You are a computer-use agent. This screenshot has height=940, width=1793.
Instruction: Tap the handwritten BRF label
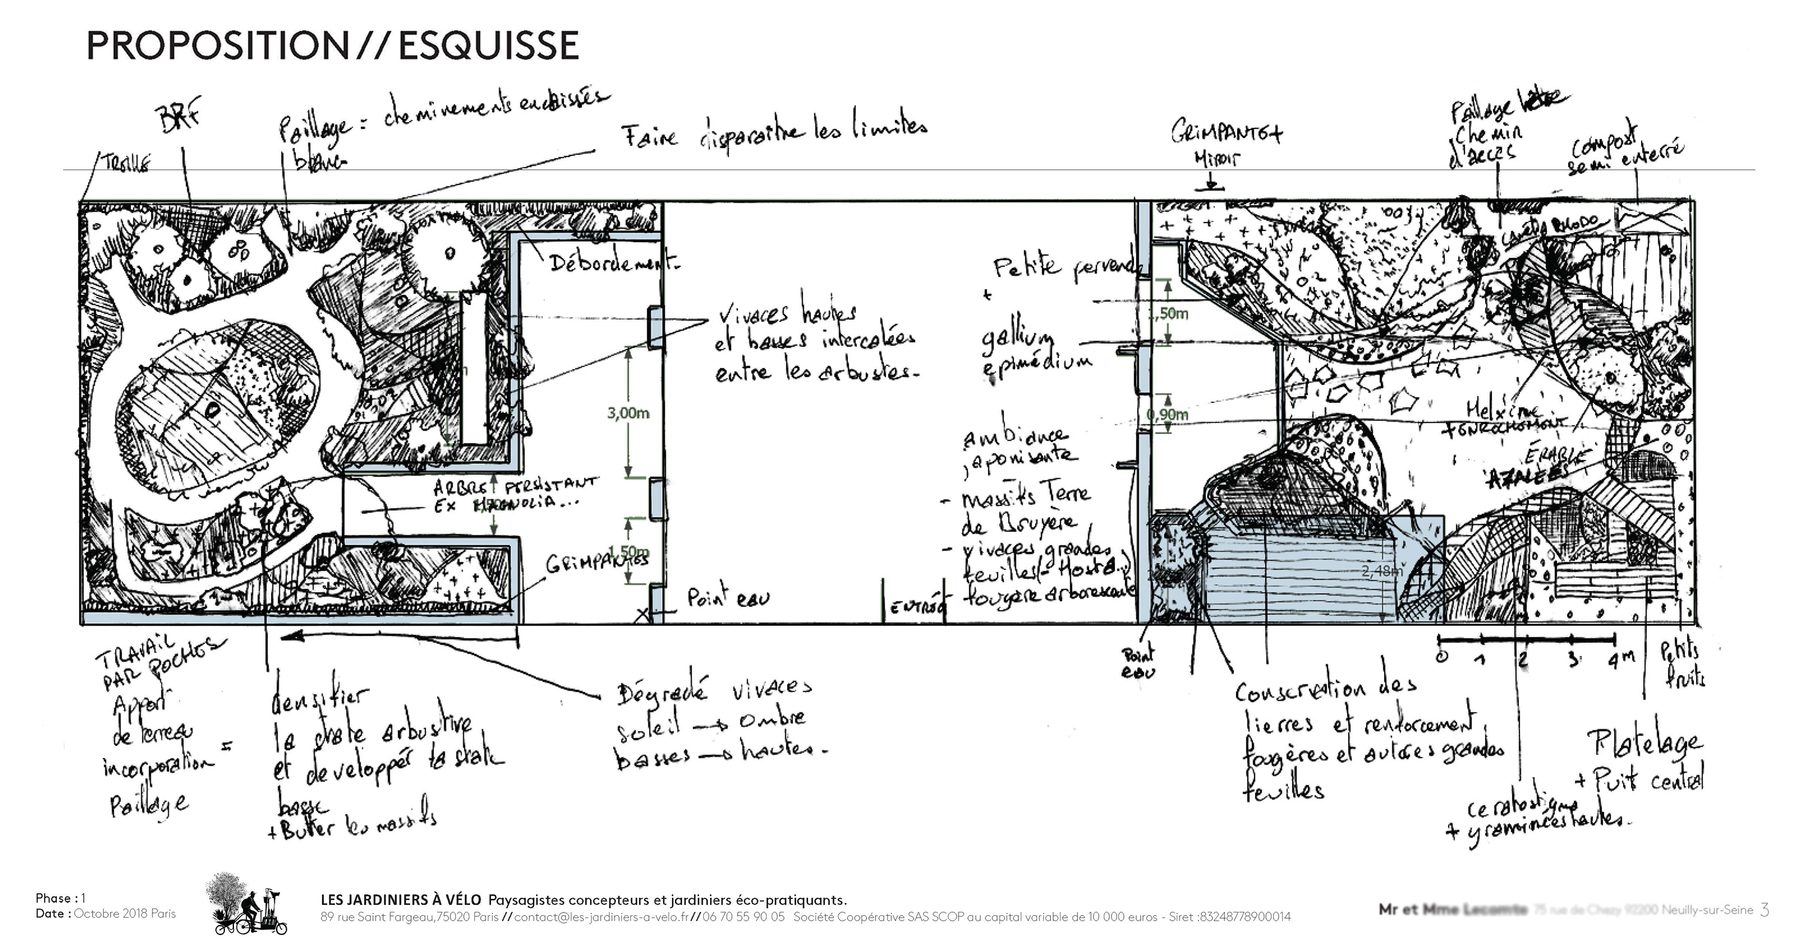(179, 118)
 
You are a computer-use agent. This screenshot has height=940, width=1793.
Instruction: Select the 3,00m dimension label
(628, 413)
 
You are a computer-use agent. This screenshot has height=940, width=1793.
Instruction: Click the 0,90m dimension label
(1168, 415)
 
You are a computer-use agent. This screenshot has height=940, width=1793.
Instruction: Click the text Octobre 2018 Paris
(125, 914)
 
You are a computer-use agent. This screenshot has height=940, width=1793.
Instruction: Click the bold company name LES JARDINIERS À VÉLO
(400, 900)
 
